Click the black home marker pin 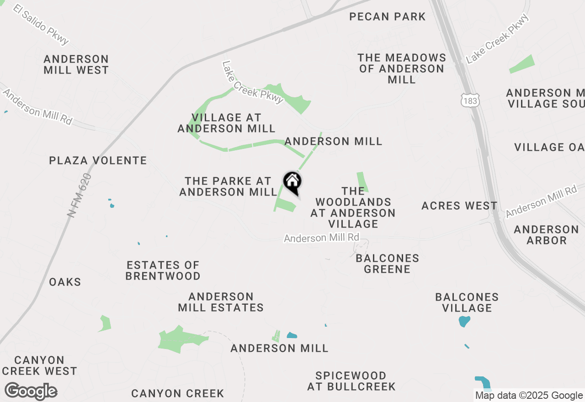pyautogui.click(x=292, y=182)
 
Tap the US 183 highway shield pyautogui.click(x=470, y=100)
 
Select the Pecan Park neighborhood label pyautogui.click(x=387, y=17)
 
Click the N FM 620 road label pyautogui.click(x=79, y=195)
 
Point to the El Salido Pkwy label pyautogui.click(x=41, y=25)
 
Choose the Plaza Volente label pyautogui.click(x=98, y=161)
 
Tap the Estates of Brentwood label pyautogui.click(x=163, y=270)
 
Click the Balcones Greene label pyautogui.click(x=387, y=264)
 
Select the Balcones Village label pyautogui.click(x=467, y=302)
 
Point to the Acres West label pyautogui.click(x=459, y=206)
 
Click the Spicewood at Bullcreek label pyautogui.click(x=351, y=381)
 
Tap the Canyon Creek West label pyautogui.click(x=39, y=365)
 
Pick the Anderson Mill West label pyautogui.click(x=76, y=64)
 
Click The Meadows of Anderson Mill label pyautogui.click(x=402, y=69)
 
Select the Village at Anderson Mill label pyautogui.click(x=226, y=123)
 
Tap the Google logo pyautogui.click(x=31, y=391)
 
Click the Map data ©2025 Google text pyautogui.click(x=529, y=396)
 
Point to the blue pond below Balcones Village pyautogui.click(x=464, y=321)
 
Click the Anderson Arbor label pyautogui.click(x=546, y=234)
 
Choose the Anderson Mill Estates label pyautogui.click(x=221, y=302)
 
